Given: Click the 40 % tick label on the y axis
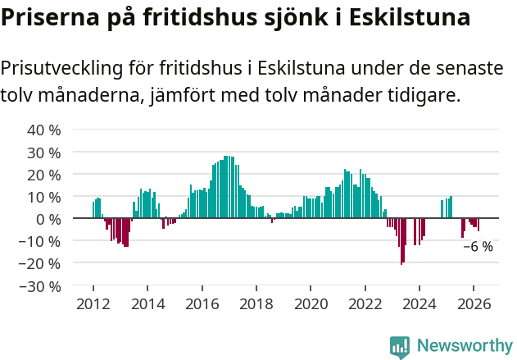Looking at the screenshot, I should pos(44,130).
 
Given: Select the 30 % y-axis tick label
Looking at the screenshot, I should pos(44,153).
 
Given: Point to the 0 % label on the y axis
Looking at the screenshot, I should pos(48,219).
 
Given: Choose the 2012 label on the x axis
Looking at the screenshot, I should pos(93,303).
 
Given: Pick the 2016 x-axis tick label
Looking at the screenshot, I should pos(202,303).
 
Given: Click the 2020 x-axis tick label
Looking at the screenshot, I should pos(311,303).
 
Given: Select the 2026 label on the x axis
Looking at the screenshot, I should pos(474,303).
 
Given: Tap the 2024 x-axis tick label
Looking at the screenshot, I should pos(419,303).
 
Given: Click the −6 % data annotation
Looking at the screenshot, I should pos(478,246).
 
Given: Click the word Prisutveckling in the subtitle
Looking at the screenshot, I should pos(62,68).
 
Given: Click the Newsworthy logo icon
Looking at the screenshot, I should pos(400,346).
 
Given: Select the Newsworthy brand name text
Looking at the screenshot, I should pos(465,346).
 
